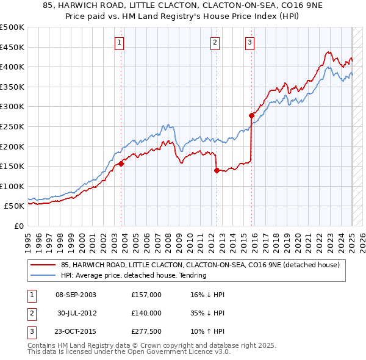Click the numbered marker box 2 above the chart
(215, 42)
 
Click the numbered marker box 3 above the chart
(250, 42)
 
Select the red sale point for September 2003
(121, 164)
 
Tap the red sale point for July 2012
(217, 170)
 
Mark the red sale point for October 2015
(251, 115)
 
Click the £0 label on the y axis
(18, 226)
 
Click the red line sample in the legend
(43, 265)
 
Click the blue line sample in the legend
(43, 275)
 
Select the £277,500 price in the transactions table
(146, 332)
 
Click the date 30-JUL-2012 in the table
(77, 313)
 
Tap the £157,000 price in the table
(146, 295)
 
